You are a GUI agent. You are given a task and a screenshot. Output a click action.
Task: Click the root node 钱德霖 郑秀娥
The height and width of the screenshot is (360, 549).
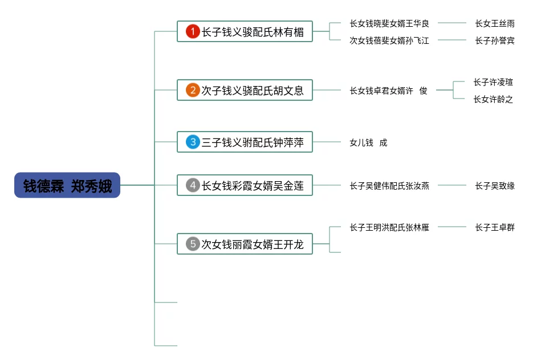click(67, 185)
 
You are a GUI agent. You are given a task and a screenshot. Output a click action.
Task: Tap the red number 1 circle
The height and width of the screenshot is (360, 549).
click(193, 32)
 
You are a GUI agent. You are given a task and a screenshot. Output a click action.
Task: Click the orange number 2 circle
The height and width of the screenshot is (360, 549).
click(193, 90)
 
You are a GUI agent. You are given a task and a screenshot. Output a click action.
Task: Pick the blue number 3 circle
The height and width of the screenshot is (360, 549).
click(193, 142)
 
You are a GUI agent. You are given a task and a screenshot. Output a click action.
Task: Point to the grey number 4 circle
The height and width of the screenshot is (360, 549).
click(193, 185)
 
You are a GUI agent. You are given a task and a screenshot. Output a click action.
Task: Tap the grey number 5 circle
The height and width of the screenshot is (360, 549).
click(193, 244)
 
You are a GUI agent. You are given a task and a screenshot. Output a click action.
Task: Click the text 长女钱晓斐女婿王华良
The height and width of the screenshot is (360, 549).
click(389, 23)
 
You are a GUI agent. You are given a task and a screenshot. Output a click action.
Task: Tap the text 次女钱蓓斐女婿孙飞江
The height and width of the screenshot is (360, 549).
click(389, 40)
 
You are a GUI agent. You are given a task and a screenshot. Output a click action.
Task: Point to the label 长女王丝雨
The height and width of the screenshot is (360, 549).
click(495, 23)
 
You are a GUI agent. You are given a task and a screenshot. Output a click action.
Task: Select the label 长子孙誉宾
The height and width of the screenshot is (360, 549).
click(495, 40)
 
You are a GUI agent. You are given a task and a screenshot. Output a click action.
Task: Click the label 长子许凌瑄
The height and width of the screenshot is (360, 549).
click(493, 82)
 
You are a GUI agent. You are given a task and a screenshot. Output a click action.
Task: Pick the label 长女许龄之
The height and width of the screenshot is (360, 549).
click(493, 99)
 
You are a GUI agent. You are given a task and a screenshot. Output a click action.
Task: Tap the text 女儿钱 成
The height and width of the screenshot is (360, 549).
click(368, 142)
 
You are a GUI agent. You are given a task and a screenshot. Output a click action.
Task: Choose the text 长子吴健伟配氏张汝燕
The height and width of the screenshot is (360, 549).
click(389, 185)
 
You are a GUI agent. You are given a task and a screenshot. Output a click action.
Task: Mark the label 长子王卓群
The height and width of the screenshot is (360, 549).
click(495, 227)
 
